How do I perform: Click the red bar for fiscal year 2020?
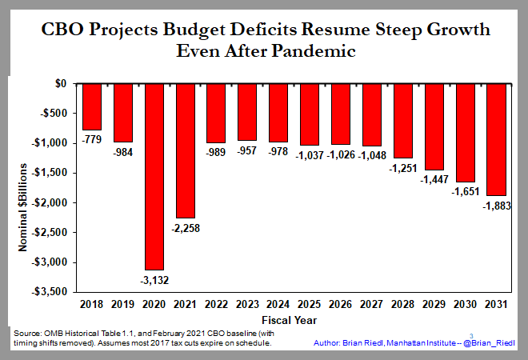click(x=155, y=176)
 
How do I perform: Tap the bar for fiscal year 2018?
click(x=93, y=106)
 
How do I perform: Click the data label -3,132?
click(x=155, y=279)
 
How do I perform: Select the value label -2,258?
click(x=186, y=227)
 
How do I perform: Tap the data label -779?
click(x=93, y=139)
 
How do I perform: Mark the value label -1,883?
click(x=496, y=206)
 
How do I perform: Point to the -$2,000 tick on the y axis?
click(x=50, y=202)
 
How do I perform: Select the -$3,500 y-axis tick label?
click(x=50, y=292)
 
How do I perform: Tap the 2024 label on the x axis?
click(x=279, y=305)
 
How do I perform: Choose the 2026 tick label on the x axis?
click(x=342, y=305)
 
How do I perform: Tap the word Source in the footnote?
click(x=28, y=332)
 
